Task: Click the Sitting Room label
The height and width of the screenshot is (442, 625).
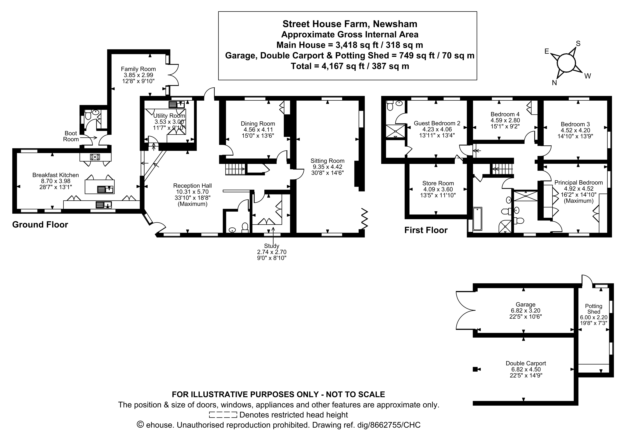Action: click(x=327, y=161)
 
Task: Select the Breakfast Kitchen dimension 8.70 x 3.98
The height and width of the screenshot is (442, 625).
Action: click(x=56, y=181)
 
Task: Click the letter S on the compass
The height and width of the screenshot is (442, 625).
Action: click(x=578, y=44)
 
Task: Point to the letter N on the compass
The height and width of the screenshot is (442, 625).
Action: click(x=554, y=83)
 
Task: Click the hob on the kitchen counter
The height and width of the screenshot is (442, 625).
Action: click(x=95, y=157)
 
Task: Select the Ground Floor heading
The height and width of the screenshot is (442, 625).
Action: click(x=40, y=224)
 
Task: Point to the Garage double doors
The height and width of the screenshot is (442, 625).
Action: click(x=465, y=310)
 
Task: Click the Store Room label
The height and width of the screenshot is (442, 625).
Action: click(x=438, y=183)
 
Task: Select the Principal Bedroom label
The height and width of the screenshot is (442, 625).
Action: click(x=578, y=183)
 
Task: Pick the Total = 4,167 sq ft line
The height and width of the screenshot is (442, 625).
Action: click(x=350, y=66)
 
